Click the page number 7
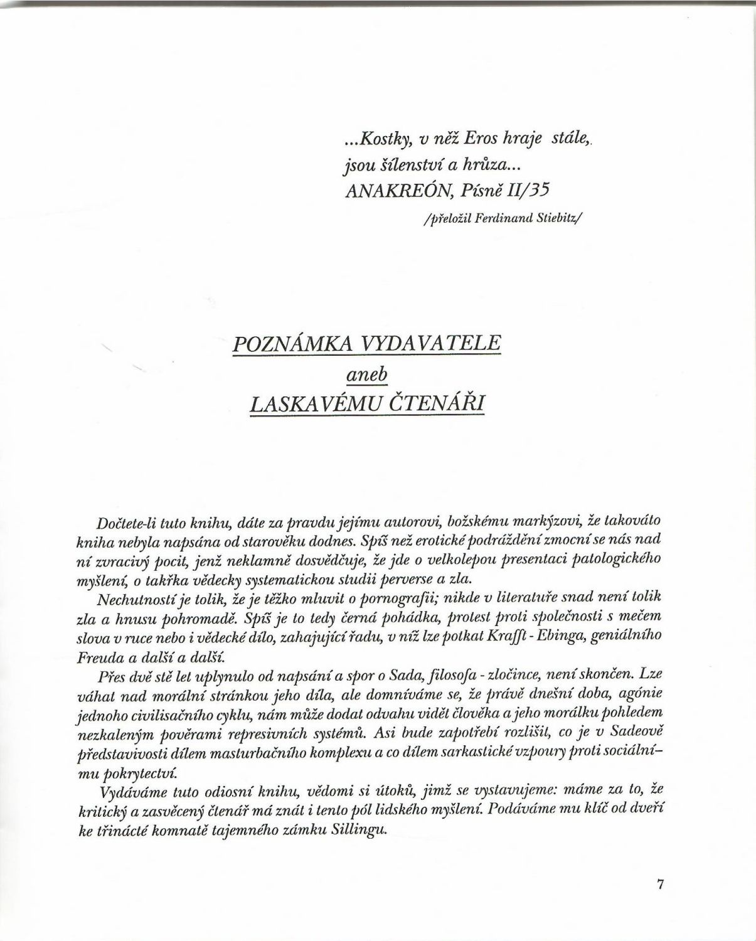pyautogui.click(x=659, y=884)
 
